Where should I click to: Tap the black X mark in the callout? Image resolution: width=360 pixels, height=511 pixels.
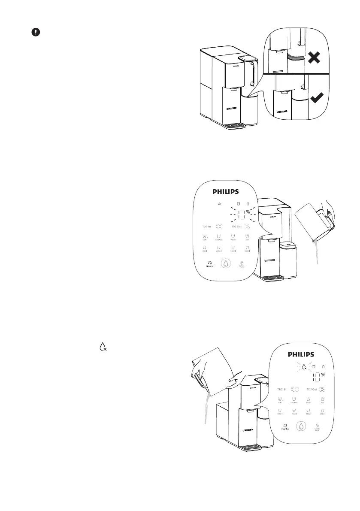314,57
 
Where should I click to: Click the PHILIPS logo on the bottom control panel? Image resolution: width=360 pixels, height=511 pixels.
300,355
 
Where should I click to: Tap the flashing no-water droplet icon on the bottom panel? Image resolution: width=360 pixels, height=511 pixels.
304,367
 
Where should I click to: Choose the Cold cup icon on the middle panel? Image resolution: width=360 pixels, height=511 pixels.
205,237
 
